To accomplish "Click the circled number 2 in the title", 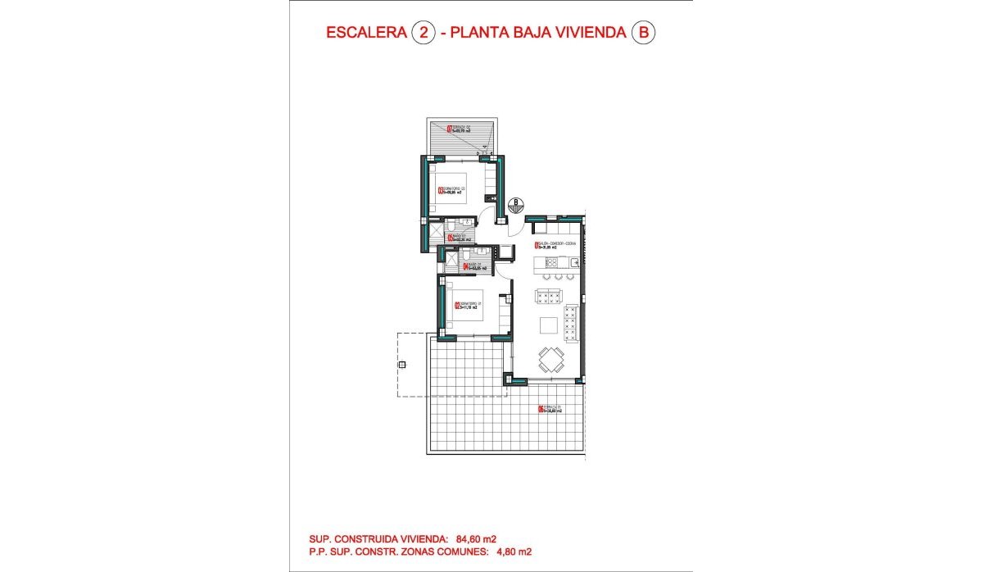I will pos(423,33).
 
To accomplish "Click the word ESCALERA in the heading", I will pos(366,33).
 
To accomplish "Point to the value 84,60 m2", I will pos(476,538).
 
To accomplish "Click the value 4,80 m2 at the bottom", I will pos(510,552).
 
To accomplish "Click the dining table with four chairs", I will pos(550,358).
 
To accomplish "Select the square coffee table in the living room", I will pos(548,325).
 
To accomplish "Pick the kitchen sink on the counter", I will pos(577,262).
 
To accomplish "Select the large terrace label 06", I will pos(548,409).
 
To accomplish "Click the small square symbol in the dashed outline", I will pos(401,365).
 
